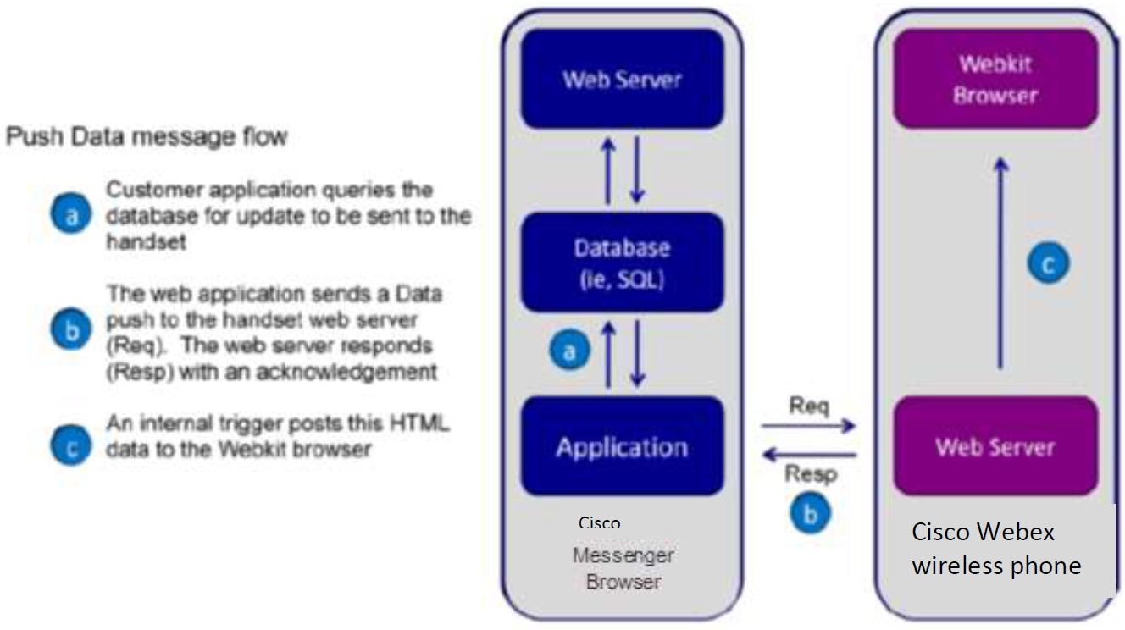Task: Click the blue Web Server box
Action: point(623,79)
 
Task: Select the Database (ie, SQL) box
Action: point(623,262)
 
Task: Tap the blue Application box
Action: point(623,445)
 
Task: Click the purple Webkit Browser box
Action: point(995,79)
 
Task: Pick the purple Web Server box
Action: point(995,445)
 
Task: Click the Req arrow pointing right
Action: point(808,426)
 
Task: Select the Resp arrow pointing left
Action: point(809,455)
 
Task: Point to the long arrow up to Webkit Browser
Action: point(1000,263)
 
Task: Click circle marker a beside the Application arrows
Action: point(569,350)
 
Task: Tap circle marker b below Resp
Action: point(810,512)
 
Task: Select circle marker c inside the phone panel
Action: point(1048,262)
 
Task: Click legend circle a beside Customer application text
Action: point(71,213)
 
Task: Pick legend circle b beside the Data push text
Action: point(71,329)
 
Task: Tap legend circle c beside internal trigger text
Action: point(71,445)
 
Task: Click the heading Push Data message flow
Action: point(147,136)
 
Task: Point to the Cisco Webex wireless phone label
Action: point(996,549)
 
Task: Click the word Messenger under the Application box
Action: point(623,555)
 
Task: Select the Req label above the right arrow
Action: point(808,406)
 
